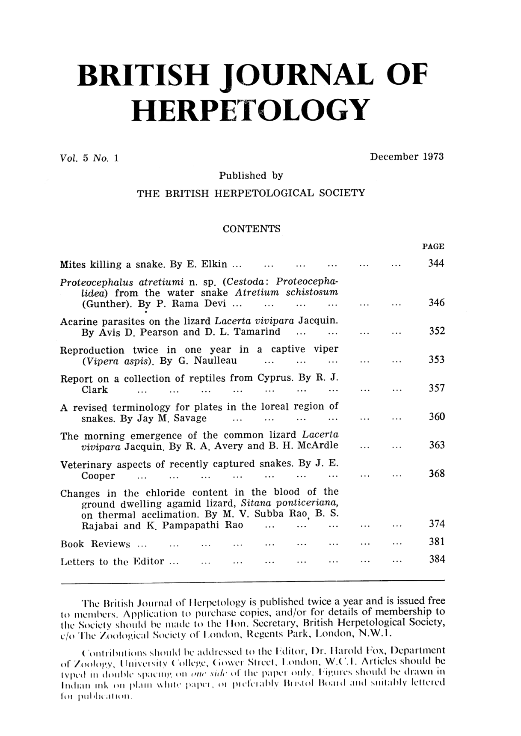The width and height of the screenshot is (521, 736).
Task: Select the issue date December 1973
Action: click(407, 157)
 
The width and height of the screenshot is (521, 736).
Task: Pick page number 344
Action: click(437, 264)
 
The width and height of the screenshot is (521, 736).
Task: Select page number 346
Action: click(437, 303)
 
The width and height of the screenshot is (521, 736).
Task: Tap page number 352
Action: click(437, 332)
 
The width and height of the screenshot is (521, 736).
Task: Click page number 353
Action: click(437, 360)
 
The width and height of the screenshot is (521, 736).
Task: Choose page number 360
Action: click(437, 417)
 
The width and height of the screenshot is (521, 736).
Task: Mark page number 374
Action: click(437, 524)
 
